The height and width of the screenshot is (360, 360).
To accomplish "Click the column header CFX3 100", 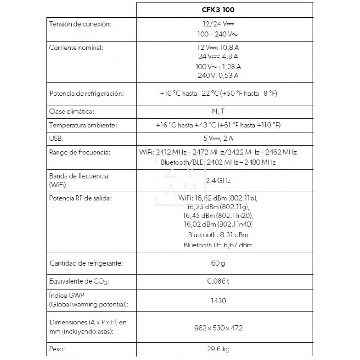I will tap(218, 9).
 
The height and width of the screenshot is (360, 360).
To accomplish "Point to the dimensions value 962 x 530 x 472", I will tap(218, 328).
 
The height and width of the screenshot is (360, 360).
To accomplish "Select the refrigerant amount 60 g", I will tap(218, 263).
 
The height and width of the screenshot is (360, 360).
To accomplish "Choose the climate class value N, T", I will tap(218, 111).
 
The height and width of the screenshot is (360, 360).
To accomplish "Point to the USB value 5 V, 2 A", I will tap(218, 139).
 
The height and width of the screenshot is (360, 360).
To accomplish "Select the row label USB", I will tap(56, 139).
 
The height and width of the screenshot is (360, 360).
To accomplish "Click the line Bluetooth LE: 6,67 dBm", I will tap(218, 245).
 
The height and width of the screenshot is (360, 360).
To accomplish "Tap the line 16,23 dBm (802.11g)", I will tap(218, 207).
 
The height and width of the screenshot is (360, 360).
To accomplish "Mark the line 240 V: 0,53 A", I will tap(218, 75).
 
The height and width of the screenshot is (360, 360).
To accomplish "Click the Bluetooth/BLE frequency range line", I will tap(218, 162).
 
